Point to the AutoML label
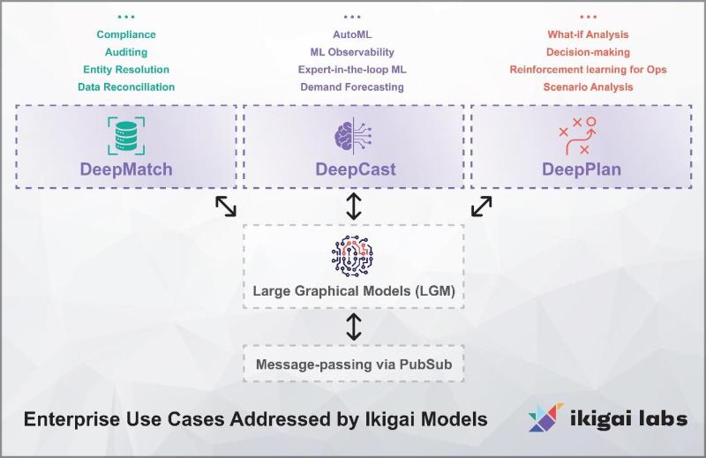(351, 34)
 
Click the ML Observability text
(351, 52)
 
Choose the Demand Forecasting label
(351, 87)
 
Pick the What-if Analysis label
(588, 34)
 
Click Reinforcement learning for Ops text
(588, 70)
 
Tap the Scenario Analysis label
(588, 87)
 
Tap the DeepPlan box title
(581, 169)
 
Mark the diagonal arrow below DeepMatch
(226, 206)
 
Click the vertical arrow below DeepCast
(353, 206)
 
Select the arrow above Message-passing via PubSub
(353, 327)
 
